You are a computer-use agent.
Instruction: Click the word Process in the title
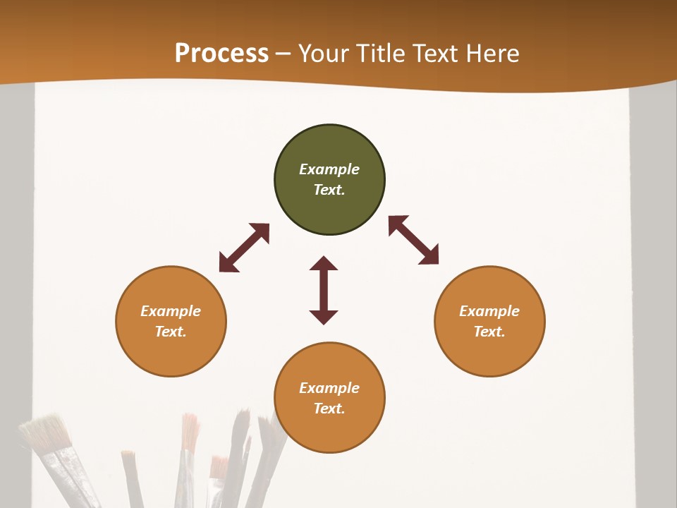[x=221, y=54]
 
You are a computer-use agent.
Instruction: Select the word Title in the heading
[x=383, y=54]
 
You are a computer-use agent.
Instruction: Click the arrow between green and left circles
[x=244, y=248]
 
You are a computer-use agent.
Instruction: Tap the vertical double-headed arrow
[x=324, y=290]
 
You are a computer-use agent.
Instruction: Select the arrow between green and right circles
[x=413, y=240]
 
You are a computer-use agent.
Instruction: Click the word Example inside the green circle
[x=329, y=169]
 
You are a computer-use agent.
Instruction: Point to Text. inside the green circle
[x=329, y=190]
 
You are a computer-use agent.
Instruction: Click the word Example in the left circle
[x=171, y=311]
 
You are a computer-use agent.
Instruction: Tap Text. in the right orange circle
[x=489, y=332]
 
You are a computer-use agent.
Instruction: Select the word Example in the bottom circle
[x=329, y=388]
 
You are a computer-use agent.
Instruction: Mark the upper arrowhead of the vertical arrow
[x=324, y=263]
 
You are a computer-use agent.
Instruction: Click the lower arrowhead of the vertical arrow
[x=324, y=317]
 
